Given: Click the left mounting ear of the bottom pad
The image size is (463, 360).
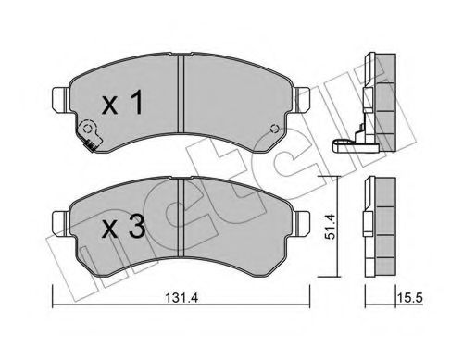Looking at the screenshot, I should click(x=59, y=217).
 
